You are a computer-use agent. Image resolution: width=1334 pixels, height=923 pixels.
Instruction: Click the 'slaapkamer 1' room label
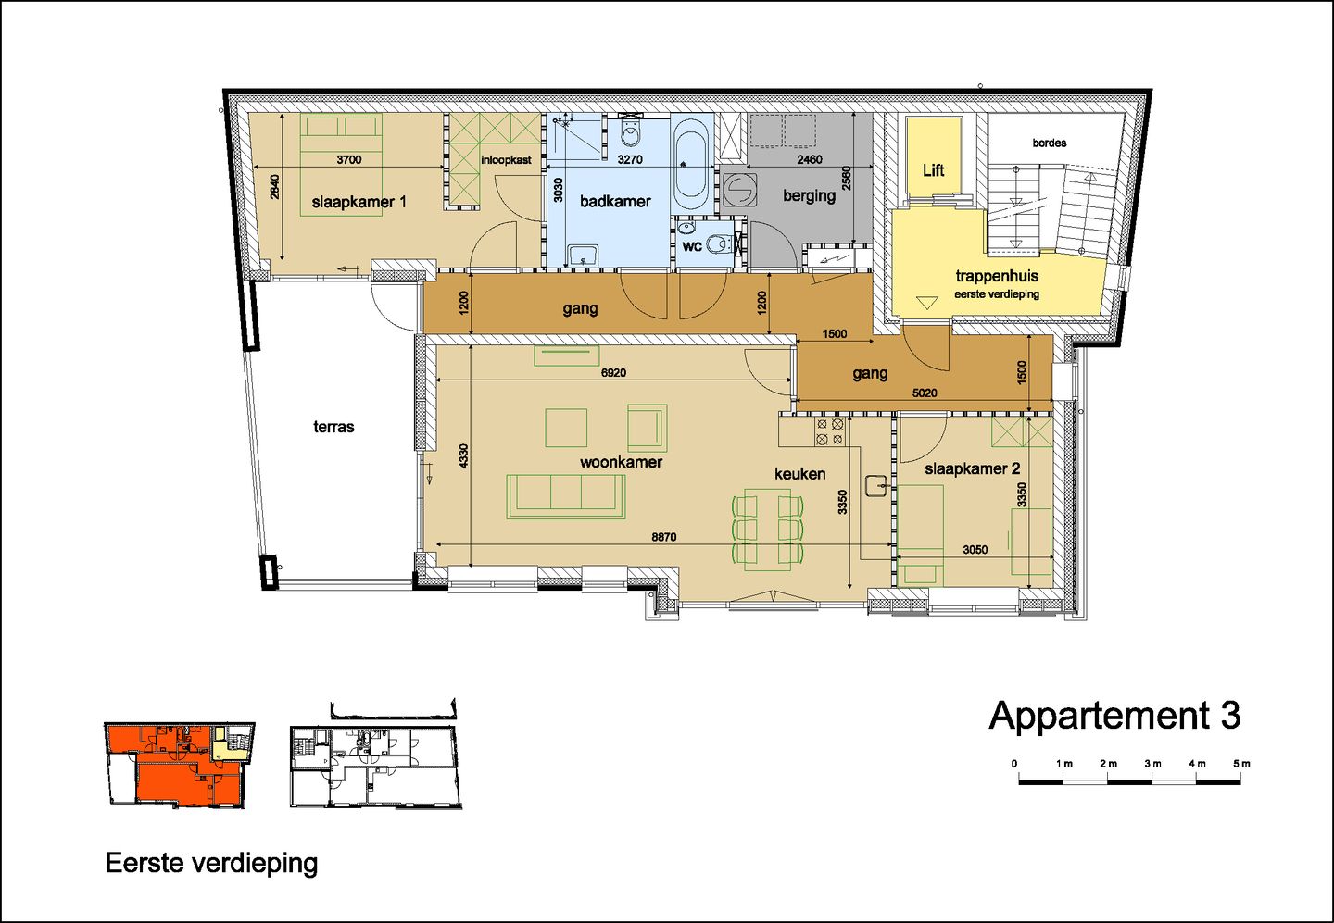(x=359, y=202)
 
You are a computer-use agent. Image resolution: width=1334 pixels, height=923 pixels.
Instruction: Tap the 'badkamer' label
(x=615, y=201)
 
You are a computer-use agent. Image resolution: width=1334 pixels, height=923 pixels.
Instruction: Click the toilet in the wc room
(x=717, y=245)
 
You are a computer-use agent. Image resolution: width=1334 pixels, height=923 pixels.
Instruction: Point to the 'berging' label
(x=809, y=195)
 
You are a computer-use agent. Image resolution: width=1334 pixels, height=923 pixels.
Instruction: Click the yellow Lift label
(x=933, y=170)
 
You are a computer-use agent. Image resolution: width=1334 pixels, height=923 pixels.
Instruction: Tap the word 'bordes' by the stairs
(x=1049, y=143)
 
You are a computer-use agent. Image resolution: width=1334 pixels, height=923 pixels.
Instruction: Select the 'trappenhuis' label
(x=997, y=276)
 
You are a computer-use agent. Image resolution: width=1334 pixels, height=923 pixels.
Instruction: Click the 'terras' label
(x=333, y=427)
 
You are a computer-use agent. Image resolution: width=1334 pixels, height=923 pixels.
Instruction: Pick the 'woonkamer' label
(x=621, y=462)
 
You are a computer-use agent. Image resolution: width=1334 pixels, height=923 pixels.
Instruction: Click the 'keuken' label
(x=799, y=474)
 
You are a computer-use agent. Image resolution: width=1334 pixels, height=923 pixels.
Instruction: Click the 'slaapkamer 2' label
(x=972, y=468)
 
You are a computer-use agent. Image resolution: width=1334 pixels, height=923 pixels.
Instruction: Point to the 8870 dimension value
(x=663, y=537)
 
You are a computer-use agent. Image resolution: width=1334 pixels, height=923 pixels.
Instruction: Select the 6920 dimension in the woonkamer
(x=613, y=373)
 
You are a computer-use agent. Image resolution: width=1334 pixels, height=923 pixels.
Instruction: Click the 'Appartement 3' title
(x=1114, y=716)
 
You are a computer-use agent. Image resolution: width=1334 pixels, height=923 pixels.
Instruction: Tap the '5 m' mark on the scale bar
(x=1240, y=764)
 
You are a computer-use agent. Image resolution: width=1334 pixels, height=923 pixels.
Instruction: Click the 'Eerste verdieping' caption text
(x=211, y=863)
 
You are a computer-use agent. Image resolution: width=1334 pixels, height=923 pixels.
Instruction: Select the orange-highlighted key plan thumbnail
(x=179, y=765)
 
